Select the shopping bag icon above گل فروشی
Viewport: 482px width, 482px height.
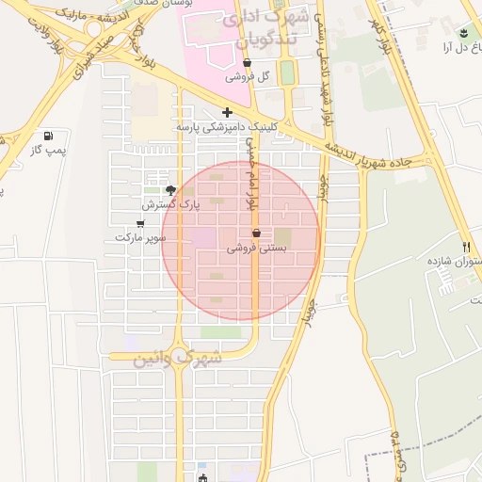pos(247,64)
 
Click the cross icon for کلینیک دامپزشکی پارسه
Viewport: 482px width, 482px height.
pos(227,112)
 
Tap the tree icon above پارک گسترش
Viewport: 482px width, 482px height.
pos(169,188)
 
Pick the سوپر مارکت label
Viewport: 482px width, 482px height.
pos(140,237)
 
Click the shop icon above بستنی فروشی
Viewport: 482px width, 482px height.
pos(256,233)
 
